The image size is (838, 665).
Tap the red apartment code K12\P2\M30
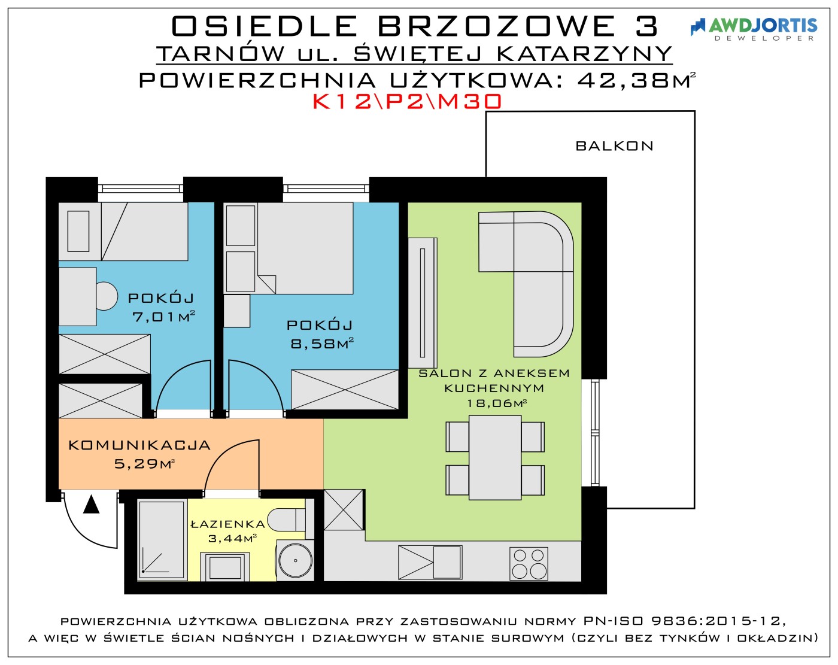click(407, 102)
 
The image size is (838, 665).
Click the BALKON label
click(615, 146)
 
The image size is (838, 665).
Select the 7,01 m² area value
click(163, 316)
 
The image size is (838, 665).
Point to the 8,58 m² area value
click(322, 343)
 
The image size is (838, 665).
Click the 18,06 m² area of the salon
click(497, 403)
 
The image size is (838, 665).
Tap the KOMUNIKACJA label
click(139, 445)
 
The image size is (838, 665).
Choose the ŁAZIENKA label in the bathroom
click(228, 524)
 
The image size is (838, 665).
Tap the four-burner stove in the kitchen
click(529, 563)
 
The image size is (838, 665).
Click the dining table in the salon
click(495, 457)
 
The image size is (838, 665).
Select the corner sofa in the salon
click(526, 284)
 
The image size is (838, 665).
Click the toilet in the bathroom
click(287, 520)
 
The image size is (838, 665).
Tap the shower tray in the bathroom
click(162, 540)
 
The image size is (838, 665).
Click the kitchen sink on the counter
click(430, 562)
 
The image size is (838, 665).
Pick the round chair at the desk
click(106, 296)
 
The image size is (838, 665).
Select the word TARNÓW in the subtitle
click(221, 54)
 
